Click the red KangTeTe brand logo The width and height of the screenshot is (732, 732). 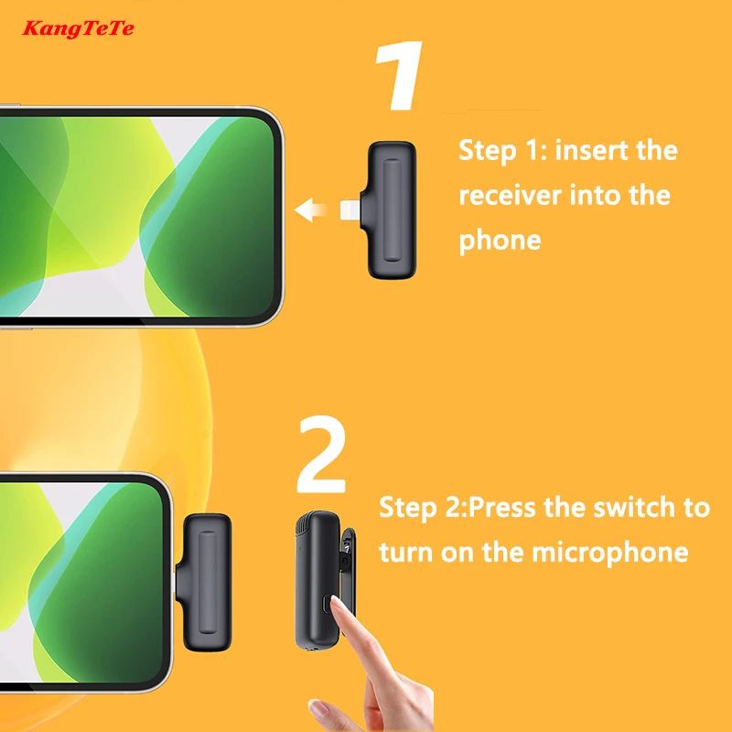[78, 29]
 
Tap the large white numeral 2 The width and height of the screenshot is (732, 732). [322, 454]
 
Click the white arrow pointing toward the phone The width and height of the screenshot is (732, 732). [310, 210]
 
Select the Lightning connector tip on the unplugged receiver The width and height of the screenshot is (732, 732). [350, 210]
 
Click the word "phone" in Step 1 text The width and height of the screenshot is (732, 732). [500, 242]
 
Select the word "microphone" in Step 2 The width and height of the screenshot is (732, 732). [610, 553]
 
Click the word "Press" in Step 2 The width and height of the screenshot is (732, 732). [501, 507]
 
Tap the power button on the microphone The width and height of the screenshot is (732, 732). [328, 604]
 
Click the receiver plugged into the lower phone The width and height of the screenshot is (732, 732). [203, 582]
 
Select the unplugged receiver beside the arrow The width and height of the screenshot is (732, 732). [388, 210]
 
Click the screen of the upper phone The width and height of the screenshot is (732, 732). [135, 217]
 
